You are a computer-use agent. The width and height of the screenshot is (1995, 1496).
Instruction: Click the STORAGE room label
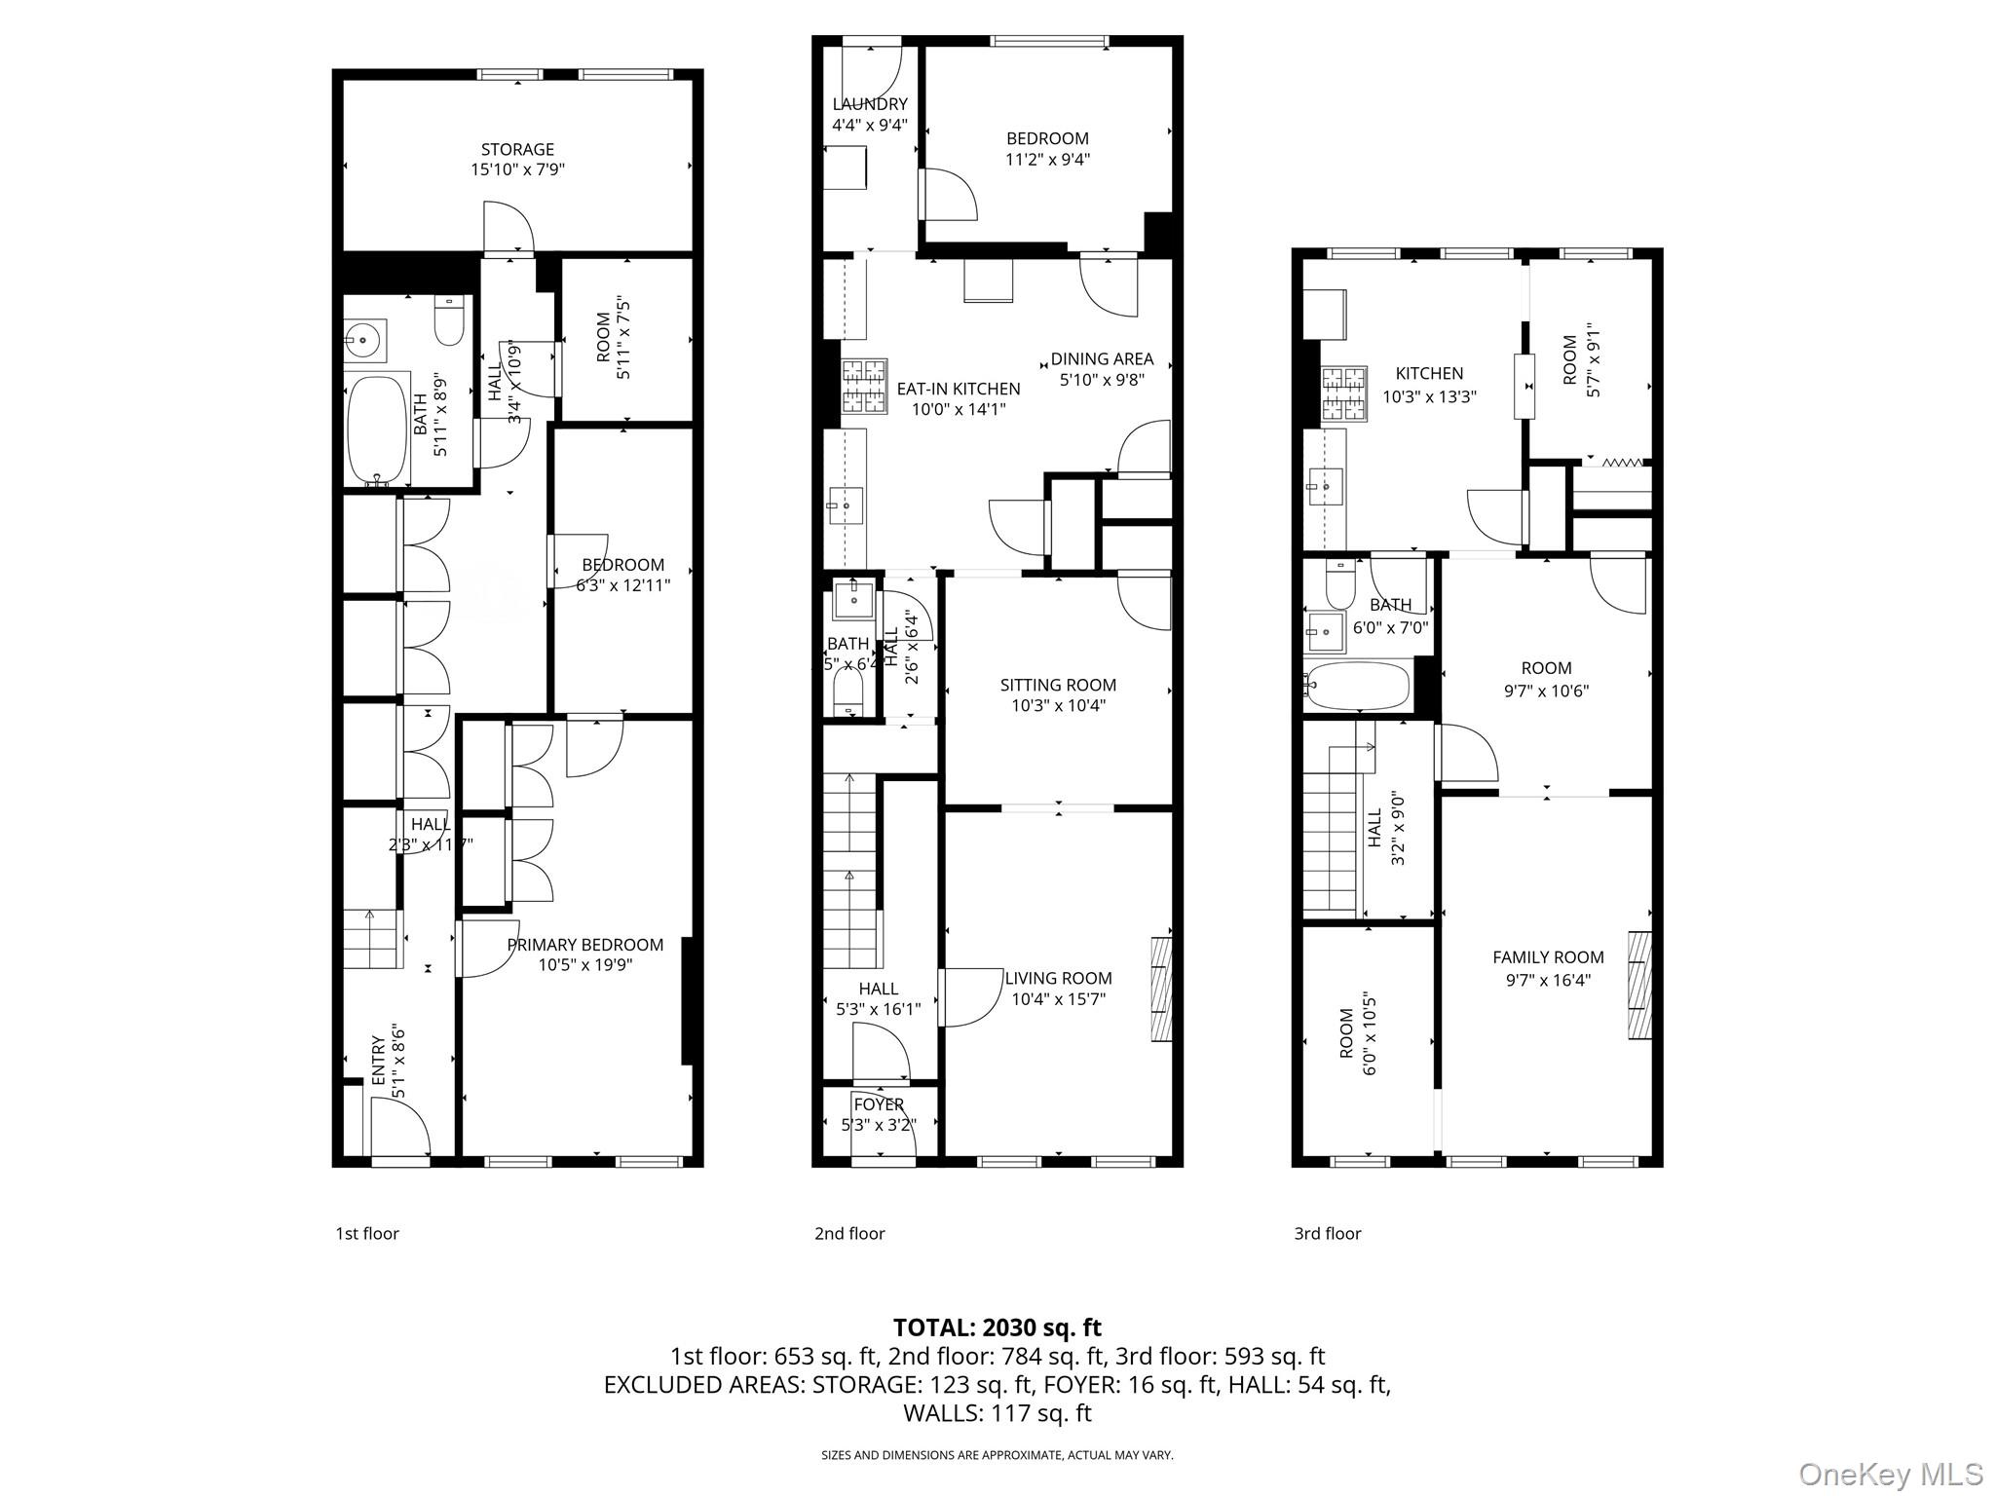pos(517,149)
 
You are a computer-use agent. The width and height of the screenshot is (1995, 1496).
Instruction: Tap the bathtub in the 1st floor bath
pos(379,430)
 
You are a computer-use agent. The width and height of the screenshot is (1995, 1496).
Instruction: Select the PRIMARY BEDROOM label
pos(584,944)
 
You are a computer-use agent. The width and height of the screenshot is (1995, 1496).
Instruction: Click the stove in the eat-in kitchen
pos(864,387)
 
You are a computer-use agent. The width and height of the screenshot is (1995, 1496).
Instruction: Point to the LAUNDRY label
pos(870,104)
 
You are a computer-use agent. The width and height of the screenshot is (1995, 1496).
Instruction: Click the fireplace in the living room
pos(1161,990)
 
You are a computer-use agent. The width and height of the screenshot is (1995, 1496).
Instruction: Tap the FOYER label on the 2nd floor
pos(879,1104)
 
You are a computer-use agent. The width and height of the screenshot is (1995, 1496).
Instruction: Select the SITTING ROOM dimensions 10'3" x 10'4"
pos(1058,705)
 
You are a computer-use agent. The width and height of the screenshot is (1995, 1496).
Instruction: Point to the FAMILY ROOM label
pos(1548,957)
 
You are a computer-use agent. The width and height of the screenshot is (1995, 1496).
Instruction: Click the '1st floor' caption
pos(367,1233)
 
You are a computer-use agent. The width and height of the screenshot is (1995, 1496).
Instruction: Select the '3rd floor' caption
pos(1327,1233)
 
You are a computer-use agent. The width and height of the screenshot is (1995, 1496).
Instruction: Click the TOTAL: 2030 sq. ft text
pos(997,1327)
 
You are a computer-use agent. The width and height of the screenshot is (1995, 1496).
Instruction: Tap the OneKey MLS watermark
pos(1890,1474)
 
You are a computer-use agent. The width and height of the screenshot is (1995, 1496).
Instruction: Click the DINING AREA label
pos(1101,358)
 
